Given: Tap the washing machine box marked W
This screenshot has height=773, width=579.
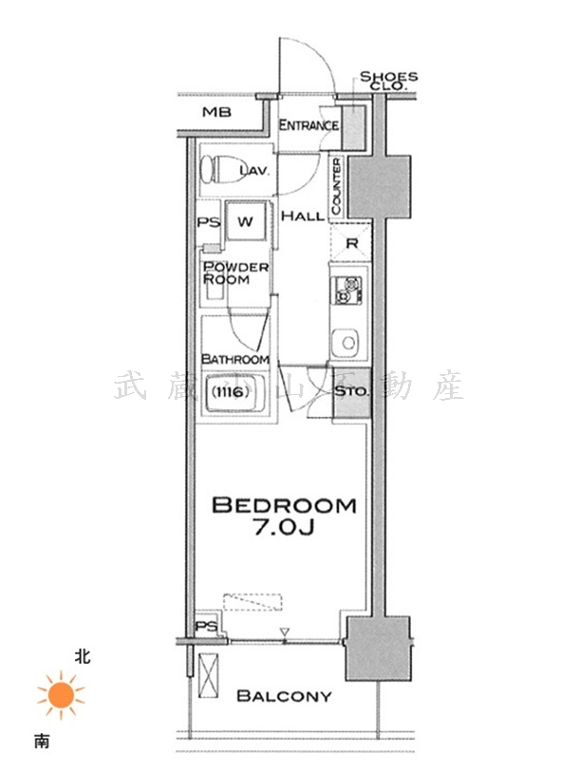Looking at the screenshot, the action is pyautogui.click(x=246, y=221).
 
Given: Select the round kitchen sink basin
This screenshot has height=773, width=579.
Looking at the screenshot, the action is pyautogui.click(x=349, y=343).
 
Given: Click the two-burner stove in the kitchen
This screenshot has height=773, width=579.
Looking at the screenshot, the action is pyautogui.click(x=347, y=290).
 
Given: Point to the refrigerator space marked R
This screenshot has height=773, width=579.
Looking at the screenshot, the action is pyautogui.click(x=350, y=242).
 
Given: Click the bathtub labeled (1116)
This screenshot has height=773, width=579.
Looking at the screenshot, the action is pyautogui.click(x=234, y=393).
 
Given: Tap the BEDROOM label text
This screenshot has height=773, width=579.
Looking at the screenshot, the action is pyautogui.click(x=284, y=505).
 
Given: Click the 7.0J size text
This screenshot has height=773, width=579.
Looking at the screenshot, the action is pyautogui.click(x=284, y=528).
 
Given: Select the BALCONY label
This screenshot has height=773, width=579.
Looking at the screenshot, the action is pyautogui.click(x=284, y=696).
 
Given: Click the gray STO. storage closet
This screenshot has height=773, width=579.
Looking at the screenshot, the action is pyautogui.click(x=352, y=392).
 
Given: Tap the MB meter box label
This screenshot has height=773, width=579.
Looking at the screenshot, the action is pyautogui.click(x=216, y=112).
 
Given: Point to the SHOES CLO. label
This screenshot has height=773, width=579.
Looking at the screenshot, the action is pyautogui.click(x=389, y=81).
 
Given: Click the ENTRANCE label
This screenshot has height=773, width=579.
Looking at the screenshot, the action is pyautogui.click(x=309, y=125).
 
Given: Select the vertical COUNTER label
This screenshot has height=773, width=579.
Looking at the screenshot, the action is pyautogui.click(x=336, y=186).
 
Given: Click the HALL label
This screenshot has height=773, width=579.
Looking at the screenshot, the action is pyautogui.click(x=303, y=216).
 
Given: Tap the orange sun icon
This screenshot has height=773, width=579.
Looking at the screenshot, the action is pyautogui.click(x=61, y=695).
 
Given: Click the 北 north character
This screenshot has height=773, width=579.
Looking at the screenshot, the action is pyautogui.click(x=83, y=656).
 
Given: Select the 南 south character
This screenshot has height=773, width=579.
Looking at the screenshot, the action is pyautogui.click(x=42, y=741).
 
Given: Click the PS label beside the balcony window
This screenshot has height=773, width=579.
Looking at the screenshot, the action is pyautogui.click(x=207, y=627).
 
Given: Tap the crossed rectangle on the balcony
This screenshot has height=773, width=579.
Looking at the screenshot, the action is pyautogui.click(x=208, y=675).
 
